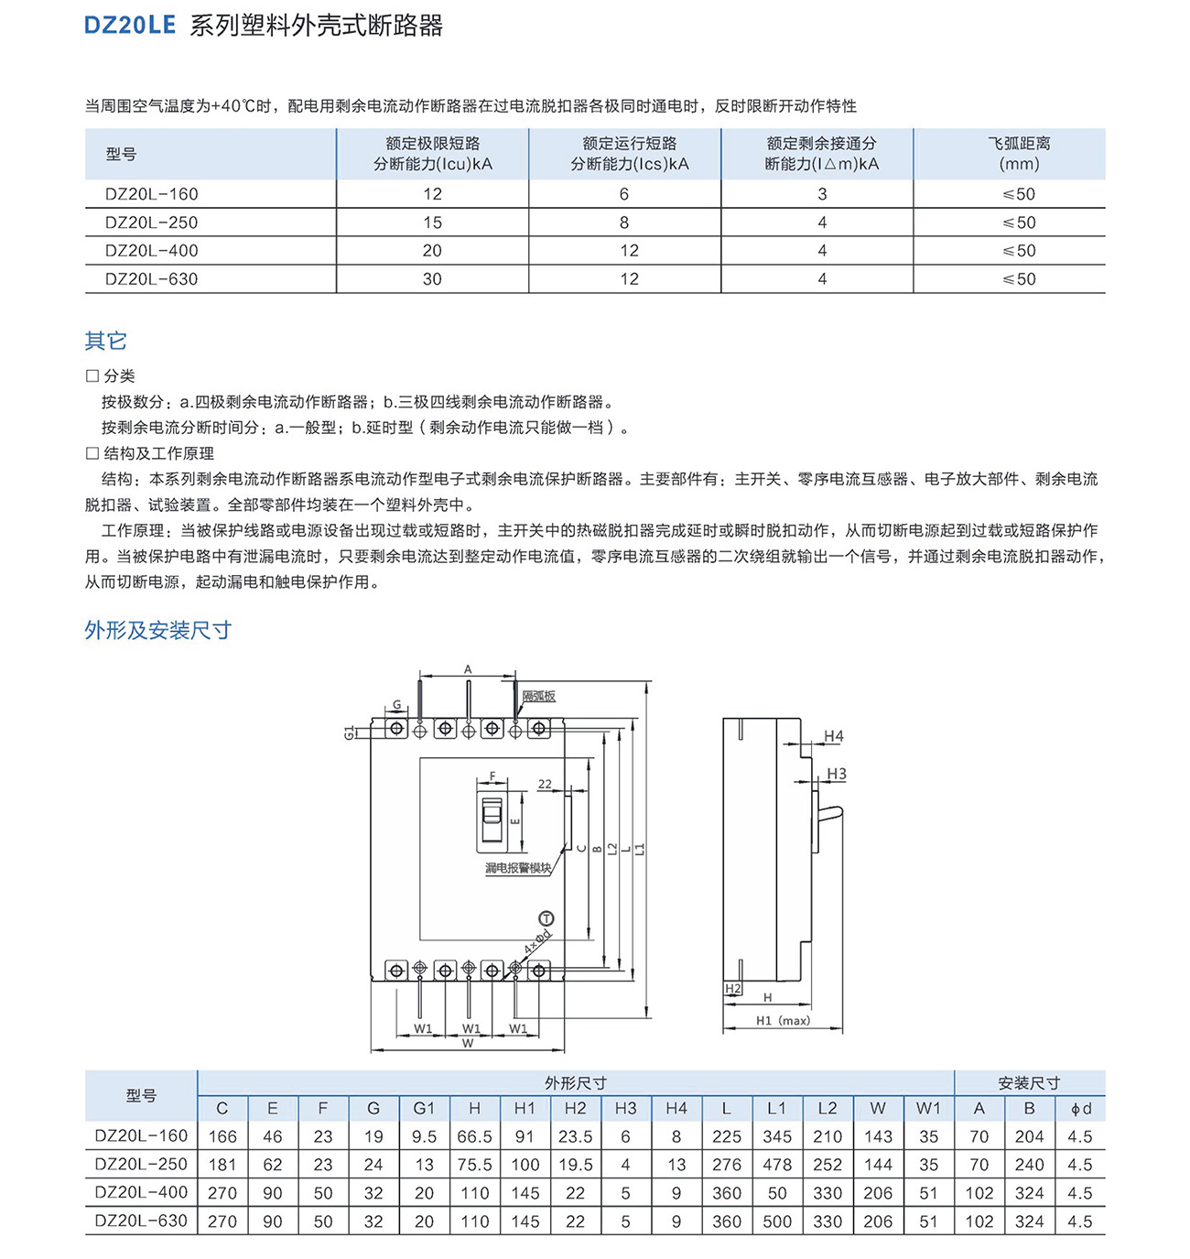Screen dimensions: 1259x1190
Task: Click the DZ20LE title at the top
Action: click(129, 25)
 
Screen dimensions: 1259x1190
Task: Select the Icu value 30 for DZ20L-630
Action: click(432, 279)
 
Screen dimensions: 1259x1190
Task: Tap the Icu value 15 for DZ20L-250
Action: click(432, 222)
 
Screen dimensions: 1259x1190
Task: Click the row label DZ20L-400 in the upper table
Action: click(151, 251)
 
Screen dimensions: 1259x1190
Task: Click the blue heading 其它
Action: click(105, 341)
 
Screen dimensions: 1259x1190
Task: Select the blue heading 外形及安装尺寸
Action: click(157, 630)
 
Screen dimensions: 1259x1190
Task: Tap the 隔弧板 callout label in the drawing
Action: click(539, 697)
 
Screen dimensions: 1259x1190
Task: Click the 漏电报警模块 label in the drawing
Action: click(518, 868)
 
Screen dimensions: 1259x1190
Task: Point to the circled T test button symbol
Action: click(546, 918)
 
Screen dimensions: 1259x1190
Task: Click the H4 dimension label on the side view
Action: click(834, 736)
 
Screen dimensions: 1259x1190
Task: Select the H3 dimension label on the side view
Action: click(837, 774)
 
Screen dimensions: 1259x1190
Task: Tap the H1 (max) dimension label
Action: click(783, 1021)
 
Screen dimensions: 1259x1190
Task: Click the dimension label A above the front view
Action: click(468, 669)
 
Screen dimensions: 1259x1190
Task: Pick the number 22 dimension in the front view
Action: click(545, 785)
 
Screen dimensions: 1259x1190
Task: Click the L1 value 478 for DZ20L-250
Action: click(776, 1165)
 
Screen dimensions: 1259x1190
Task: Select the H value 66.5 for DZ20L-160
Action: click(474, 1136)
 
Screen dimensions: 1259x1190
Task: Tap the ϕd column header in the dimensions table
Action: click(1080, 1109)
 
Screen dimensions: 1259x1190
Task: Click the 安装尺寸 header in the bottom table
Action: click(1029, 1083)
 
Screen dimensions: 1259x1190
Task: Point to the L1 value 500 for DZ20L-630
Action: click(776, 1221)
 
